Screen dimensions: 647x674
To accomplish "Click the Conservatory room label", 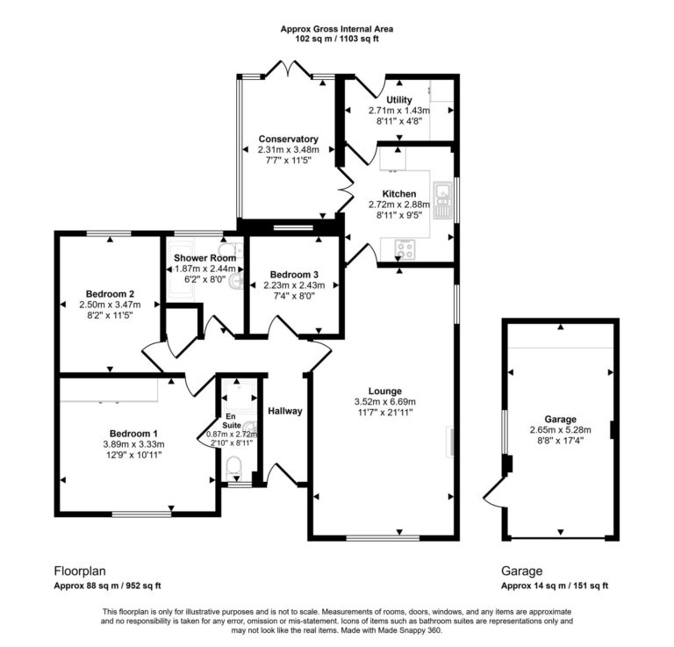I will (x=287, y=139).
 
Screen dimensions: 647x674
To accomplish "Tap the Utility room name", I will (x=398, y=100).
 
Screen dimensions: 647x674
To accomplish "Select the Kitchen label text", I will (x=398, y=193).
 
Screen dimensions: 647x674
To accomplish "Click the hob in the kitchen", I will (x=407, y=248).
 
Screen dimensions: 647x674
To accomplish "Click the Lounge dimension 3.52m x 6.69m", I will (x=385, y=402).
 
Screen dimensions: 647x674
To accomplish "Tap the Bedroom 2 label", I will (x=110, y=293).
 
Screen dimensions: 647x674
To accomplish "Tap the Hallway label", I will (x=284, y=410).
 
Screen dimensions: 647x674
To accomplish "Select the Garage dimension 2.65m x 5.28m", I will (x=560, y=430).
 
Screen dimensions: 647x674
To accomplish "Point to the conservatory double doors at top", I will (x=288, y=70).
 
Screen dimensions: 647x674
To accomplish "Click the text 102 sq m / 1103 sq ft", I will (x=337, y=40).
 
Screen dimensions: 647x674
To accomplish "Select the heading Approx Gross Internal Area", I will (x=337, y=29).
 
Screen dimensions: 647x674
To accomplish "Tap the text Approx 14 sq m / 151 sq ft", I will (x=555, y=586).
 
